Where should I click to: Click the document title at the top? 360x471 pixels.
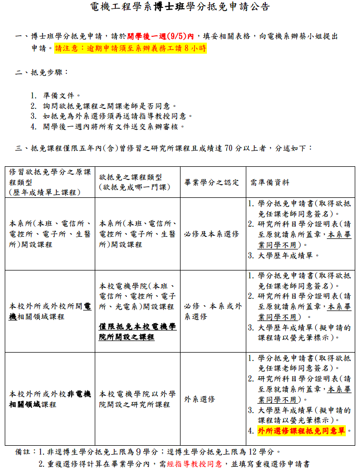(180, 7)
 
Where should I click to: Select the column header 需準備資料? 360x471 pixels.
(270, 183)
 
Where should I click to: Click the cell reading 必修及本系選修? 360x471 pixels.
(212, 234)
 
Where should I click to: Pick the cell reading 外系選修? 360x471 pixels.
(200, 399)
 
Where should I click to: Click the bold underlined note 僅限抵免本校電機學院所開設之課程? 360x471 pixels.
(137, 332)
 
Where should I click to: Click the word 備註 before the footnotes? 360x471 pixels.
(23, 452)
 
